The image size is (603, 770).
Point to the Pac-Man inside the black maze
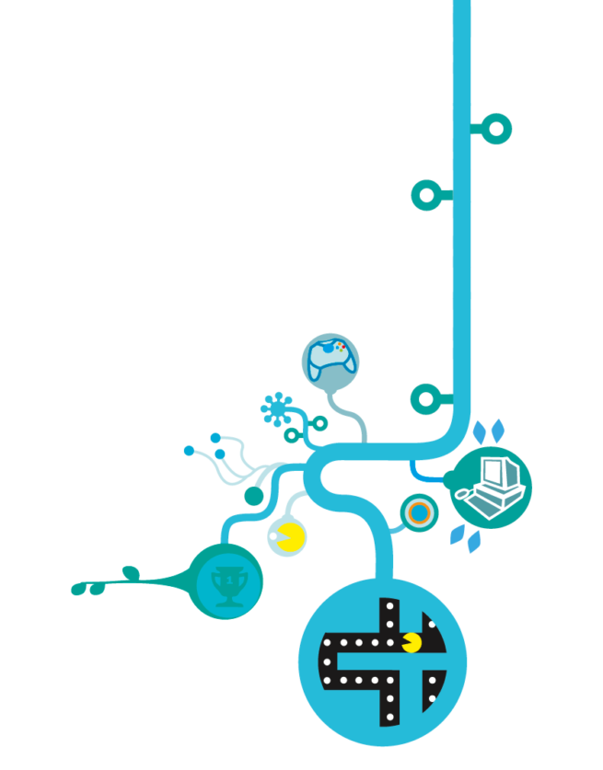[412, 641]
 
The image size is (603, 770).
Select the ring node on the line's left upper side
[424, 194]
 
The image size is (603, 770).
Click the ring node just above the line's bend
[424, 398]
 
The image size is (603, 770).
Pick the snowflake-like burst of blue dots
[275, 408]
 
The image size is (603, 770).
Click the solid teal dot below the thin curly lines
[253, 496]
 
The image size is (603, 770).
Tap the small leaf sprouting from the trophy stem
[131, 573]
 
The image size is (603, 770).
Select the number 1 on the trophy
[225, 580]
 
